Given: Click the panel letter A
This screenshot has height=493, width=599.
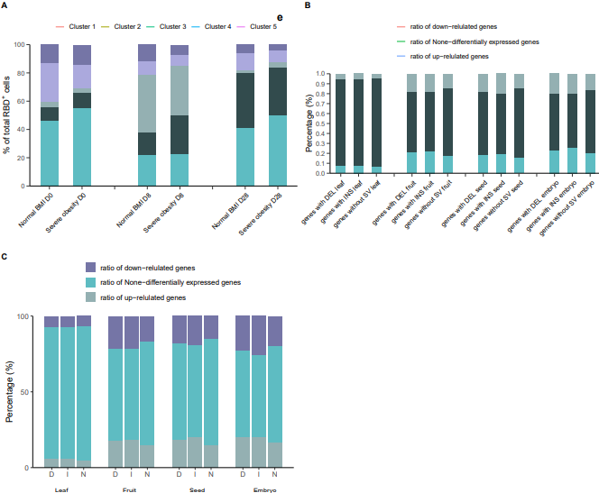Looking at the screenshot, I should (5, 5).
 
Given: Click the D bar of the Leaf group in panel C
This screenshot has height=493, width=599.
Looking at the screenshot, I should (51, 392).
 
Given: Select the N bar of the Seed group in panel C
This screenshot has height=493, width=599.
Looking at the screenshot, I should (211, 392).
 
